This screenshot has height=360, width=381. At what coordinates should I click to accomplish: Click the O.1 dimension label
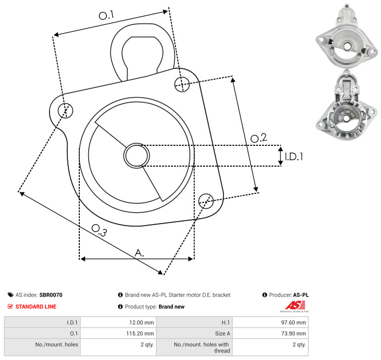pyautogui.click(x=106, y=15)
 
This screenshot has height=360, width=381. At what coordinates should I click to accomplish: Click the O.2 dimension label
pyautogui.click(x=259, y=138)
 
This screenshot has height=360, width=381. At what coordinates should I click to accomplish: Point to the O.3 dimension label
pyautogui.click(x=99, y=230)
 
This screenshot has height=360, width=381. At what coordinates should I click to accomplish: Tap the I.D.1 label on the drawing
pyautogui.click(x=294, y=157)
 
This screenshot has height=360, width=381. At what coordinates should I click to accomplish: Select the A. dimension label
pyautogui.click(x=139, y=253)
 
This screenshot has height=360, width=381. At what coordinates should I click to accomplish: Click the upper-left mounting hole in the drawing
pyautogui.click(x=65, y=111)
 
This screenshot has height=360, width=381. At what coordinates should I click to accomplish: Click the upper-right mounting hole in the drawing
pyautogui.click(x=182, y=84)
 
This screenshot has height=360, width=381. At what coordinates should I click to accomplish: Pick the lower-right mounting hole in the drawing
pyautogui.click(x=206, y=201)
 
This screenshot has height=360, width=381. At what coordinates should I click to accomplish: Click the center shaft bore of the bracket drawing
pyautogui.click(x=137, y=156)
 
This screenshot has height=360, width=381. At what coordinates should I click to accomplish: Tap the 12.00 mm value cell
pyautogui.click(x=141, y=322)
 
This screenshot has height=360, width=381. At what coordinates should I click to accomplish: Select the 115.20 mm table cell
pyautogui.click(x=140, y=334)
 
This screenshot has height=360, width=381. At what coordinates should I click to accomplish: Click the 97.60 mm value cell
pyautogui.click(x=293, y=322)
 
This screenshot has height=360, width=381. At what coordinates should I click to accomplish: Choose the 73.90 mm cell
pyautogui.click(x=293, y=334)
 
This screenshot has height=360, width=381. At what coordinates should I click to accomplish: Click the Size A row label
pyautogui.click(x=222, y=334)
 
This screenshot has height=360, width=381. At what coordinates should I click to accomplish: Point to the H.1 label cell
pyautogui.click(x=226, y=322)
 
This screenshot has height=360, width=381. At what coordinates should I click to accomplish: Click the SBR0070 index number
pyautogui.click(x=51, y=295)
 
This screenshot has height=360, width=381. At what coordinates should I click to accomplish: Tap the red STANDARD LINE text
pyautogui.click(x=36, y=306)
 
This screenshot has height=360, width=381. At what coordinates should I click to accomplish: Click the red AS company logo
pyautogui.click(x=295, y=305)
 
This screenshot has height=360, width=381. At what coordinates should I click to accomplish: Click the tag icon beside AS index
pyautogui.click(x=10, y=295)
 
